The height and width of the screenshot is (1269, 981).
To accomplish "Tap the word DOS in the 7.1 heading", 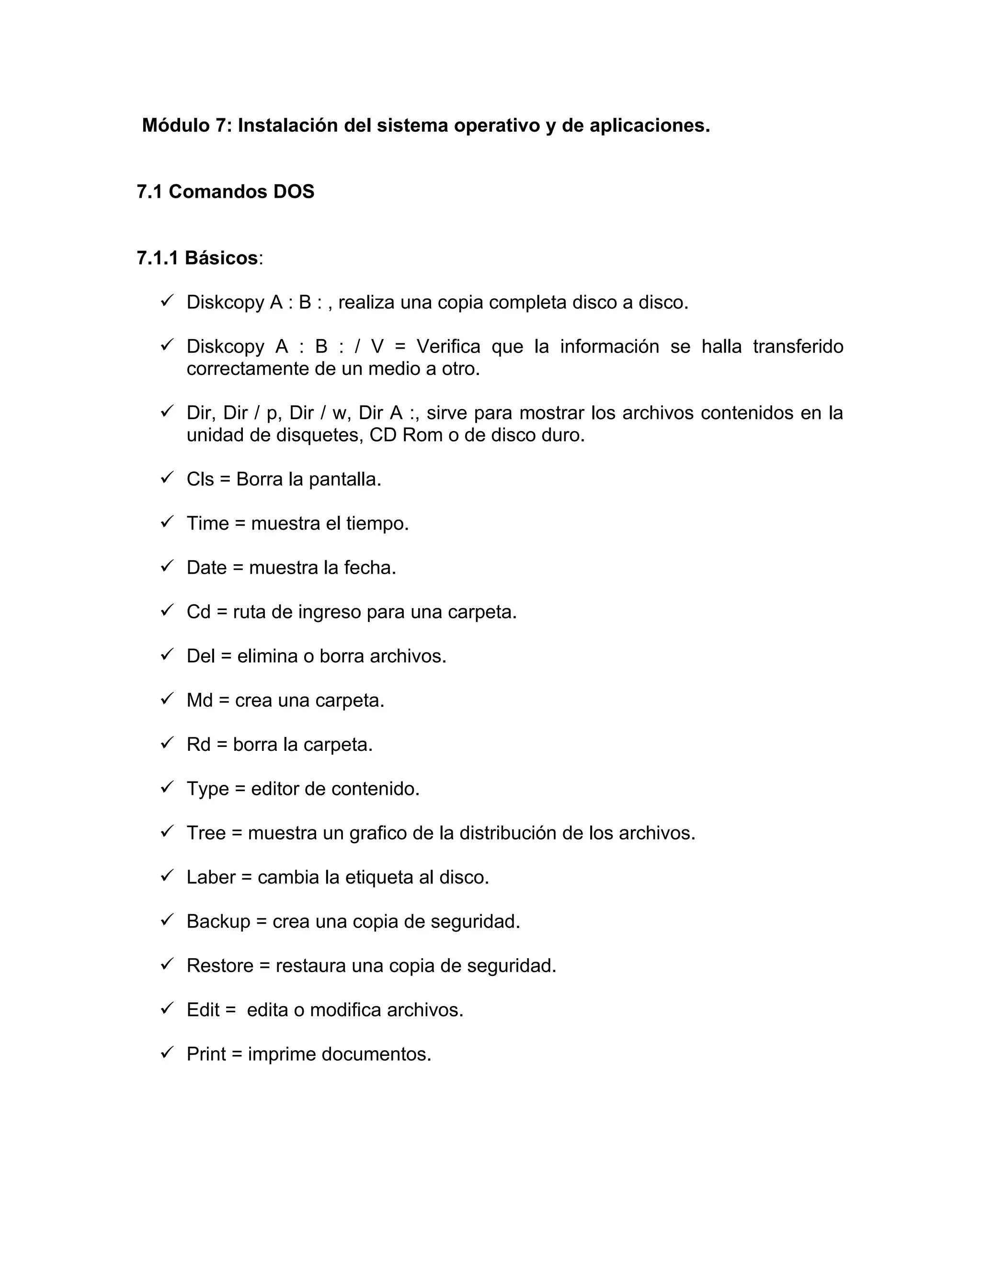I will pos(294,192).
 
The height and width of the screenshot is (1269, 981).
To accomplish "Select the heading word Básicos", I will pos(221,258).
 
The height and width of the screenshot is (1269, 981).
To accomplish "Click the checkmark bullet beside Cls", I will pos(167,478).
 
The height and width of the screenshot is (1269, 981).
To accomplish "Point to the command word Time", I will pos(207,523).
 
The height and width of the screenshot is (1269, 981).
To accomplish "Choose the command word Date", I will pos(206,567).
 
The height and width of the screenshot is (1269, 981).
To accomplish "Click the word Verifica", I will pos(448,347).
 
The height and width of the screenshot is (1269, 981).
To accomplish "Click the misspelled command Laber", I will pos(211,877).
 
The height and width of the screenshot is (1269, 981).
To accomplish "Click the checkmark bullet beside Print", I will pos(167,1053).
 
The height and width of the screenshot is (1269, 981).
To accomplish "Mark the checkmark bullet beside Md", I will pos(167,699).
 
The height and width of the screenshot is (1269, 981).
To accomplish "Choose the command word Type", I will pos(207,790).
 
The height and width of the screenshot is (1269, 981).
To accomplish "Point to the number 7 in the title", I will pos(220,125).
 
